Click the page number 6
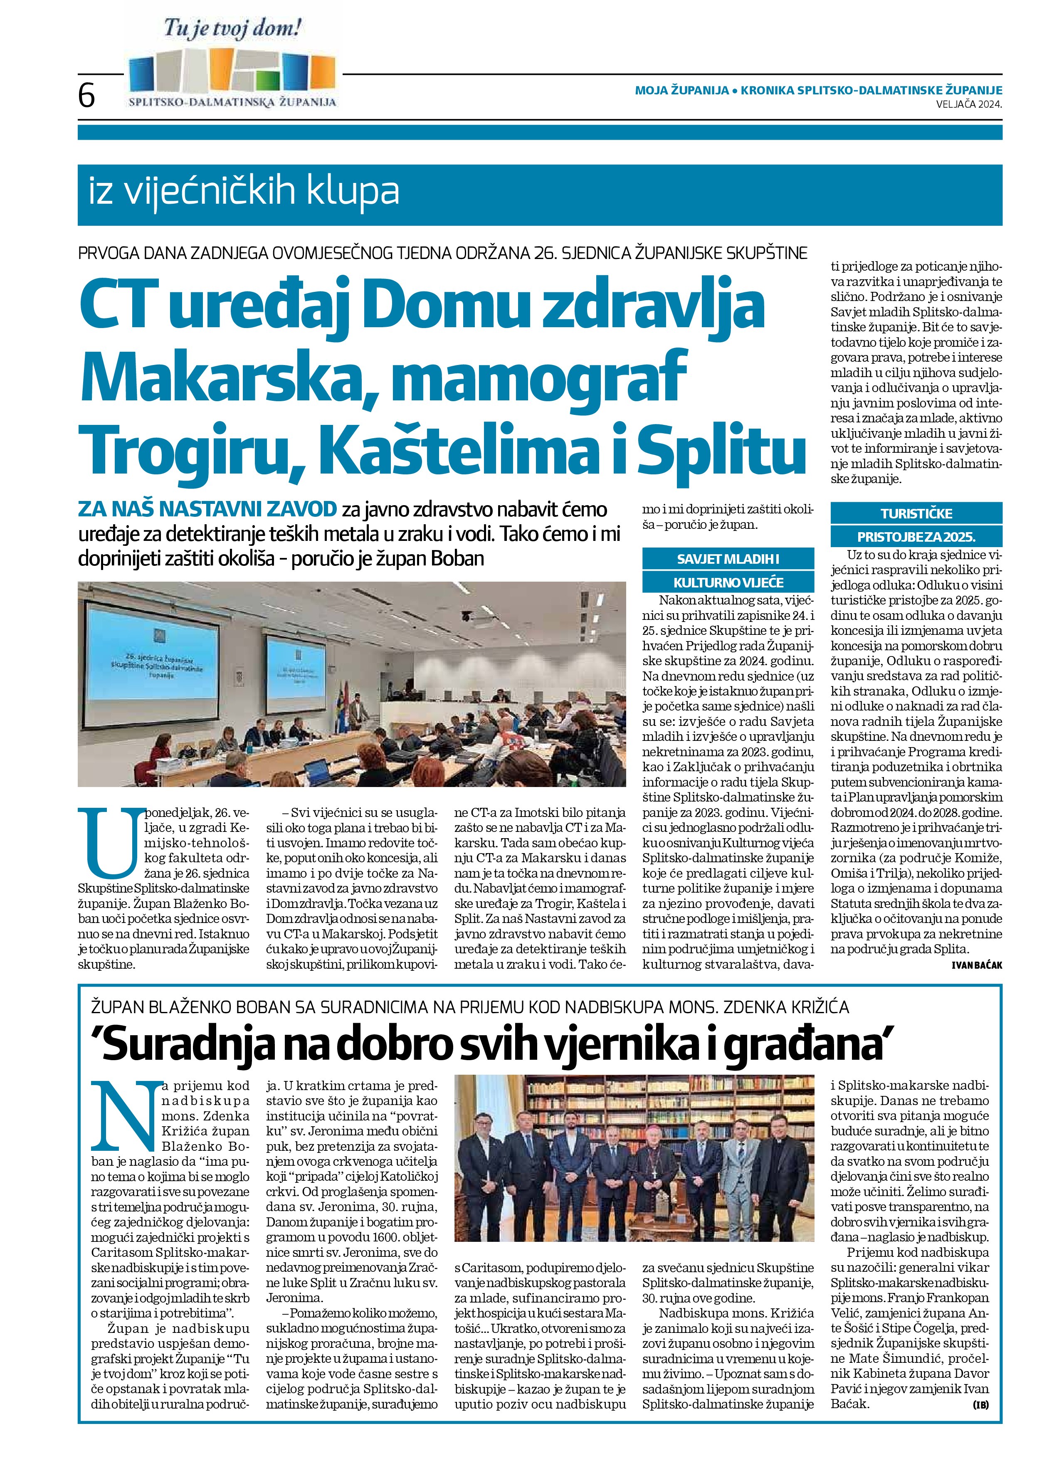click(86, 96)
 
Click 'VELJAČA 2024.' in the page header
click(968, 103)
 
